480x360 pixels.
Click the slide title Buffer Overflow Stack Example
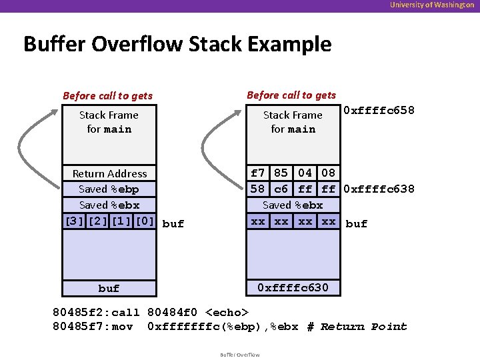click(x=177, y=44)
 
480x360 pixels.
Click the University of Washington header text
click(x=432, y=5)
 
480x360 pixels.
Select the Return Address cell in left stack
click(x=109, y=173)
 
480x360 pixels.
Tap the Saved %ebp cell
click(x=109, y=189)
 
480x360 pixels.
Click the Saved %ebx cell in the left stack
click(x=109, y=205)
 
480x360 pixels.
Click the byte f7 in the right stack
click(x=258, y=173)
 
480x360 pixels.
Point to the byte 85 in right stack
click(x=281, y=173)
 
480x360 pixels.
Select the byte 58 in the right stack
click(x=258, y=189)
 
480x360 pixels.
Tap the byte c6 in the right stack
click(x=281, y=189)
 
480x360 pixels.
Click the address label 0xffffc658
click(x=379, y=110)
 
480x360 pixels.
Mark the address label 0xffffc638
click(x=379, y=190)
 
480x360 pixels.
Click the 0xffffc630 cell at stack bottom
click(x=293, y=288)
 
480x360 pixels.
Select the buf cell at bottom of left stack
click(x=109, y=288)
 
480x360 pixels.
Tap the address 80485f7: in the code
click(x=80, y=327)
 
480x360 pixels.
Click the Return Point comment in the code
click(x=363, y=327)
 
